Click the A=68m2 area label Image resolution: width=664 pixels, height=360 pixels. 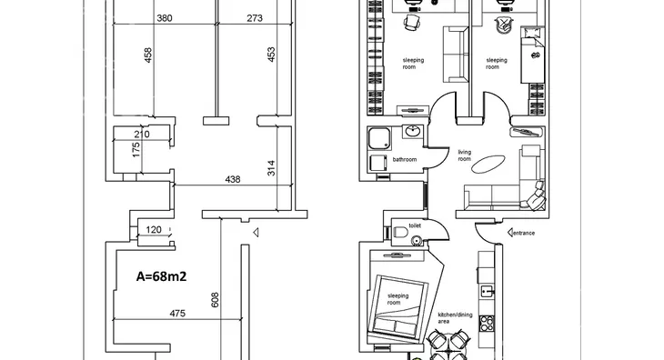point(161,276)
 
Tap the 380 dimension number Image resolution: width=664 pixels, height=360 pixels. point(165,18)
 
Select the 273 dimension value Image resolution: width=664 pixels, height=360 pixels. point(255,18)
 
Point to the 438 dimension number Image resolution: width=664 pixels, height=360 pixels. point(233,179)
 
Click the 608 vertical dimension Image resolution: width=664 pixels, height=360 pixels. point(216,300)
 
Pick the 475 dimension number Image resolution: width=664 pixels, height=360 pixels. point(177,314)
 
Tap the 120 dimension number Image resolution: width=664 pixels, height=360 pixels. point(154,230)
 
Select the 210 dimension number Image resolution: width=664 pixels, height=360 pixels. point(142,135)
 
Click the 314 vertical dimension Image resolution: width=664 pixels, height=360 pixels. point(271,168)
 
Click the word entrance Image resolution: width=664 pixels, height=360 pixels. point(524,233)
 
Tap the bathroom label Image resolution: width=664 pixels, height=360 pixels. point(405,159)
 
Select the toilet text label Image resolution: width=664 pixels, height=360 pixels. point(415,225)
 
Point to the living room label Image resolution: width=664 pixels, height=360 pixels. point(465,155)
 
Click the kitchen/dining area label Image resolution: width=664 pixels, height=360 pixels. point(455,318)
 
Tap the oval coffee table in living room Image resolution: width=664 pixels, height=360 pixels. point(488,165)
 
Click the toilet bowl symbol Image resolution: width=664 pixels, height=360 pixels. point(400,232)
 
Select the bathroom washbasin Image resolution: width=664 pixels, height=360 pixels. point(412,131)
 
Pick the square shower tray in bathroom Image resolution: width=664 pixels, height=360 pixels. point(379,139)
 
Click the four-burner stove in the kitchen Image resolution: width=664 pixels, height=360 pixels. point(487,324)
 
